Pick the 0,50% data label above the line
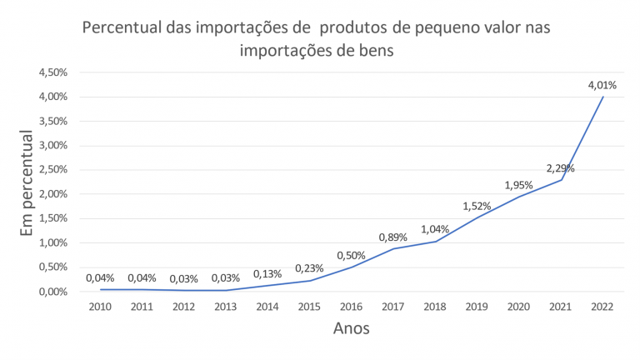coord(351,255)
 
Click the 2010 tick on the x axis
coord(100,307)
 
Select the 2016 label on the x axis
coord(351,307)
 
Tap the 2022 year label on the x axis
coord(602,307)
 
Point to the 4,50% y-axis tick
coord(52,72)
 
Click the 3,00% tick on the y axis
coord(52,146)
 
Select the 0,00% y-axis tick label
coord(52,292)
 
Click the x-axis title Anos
coord(350,328)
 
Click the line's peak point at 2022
coord(602,97)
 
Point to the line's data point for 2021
coord(561,180)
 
